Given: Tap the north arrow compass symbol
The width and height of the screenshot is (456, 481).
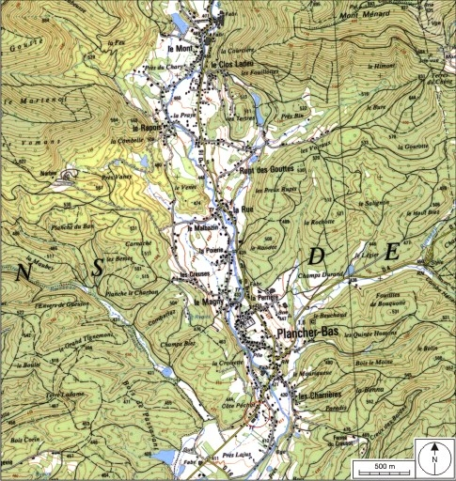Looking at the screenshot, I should [x=436, y=459].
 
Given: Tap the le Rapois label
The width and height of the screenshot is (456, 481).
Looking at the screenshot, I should [x=148, y=128].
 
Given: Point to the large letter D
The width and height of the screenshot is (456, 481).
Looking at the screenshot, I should [x=316, y=257].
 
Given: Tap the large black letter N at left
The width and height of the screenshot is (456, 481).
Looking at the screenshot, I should [x=20, y=272].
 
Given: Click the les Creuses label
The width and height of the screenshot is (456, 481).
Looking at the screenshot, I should [x=194, y=275].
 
